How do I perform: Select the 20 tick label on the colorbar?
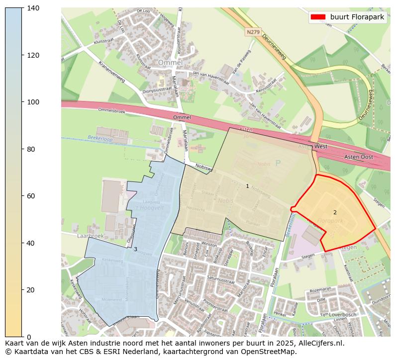[31, 290]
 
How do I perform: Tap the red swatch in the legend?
[318, 17]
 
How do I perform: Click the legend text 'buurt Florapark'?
[357, 17]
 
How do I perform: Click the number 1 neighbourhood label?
[247, 186]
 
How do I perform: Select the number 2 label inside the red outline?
[335, 213]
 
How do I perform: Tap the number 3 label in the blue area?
[135, 250]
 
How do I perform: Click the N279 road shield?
[253, 32]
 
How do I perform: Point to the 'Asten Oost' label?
[358, 157]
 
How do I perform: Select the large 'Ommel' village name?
[170, 63]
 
